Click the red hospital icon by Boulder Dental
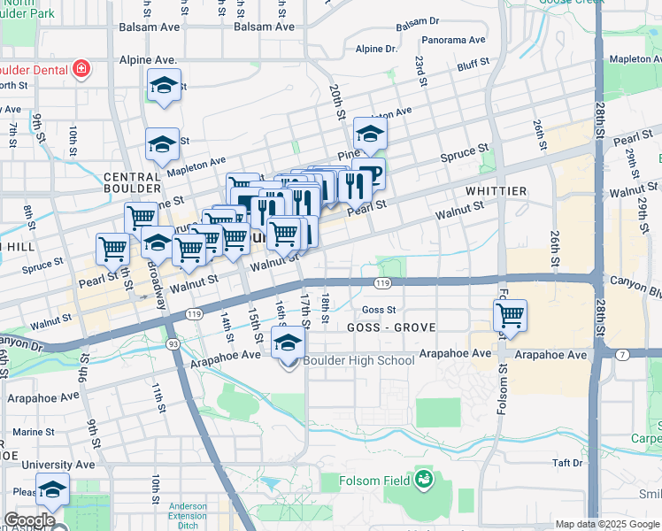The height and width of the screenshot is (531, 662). [81, 69]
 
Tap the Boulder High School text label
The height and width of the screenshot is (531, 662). [358, 360]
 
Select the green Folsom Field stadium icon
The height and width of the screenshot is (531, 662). [424, 481]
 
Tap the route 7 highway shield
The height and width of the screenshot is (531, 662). [623, 355]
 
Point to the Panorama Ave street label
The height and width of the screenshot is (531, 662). [454, 40]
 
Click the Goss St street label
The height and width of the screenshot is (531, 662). [379, 310]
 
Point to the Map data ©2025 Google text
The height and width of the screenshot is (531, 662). [606, 524]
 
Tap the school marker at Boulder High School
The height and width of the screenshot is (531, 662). [288, 344]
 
